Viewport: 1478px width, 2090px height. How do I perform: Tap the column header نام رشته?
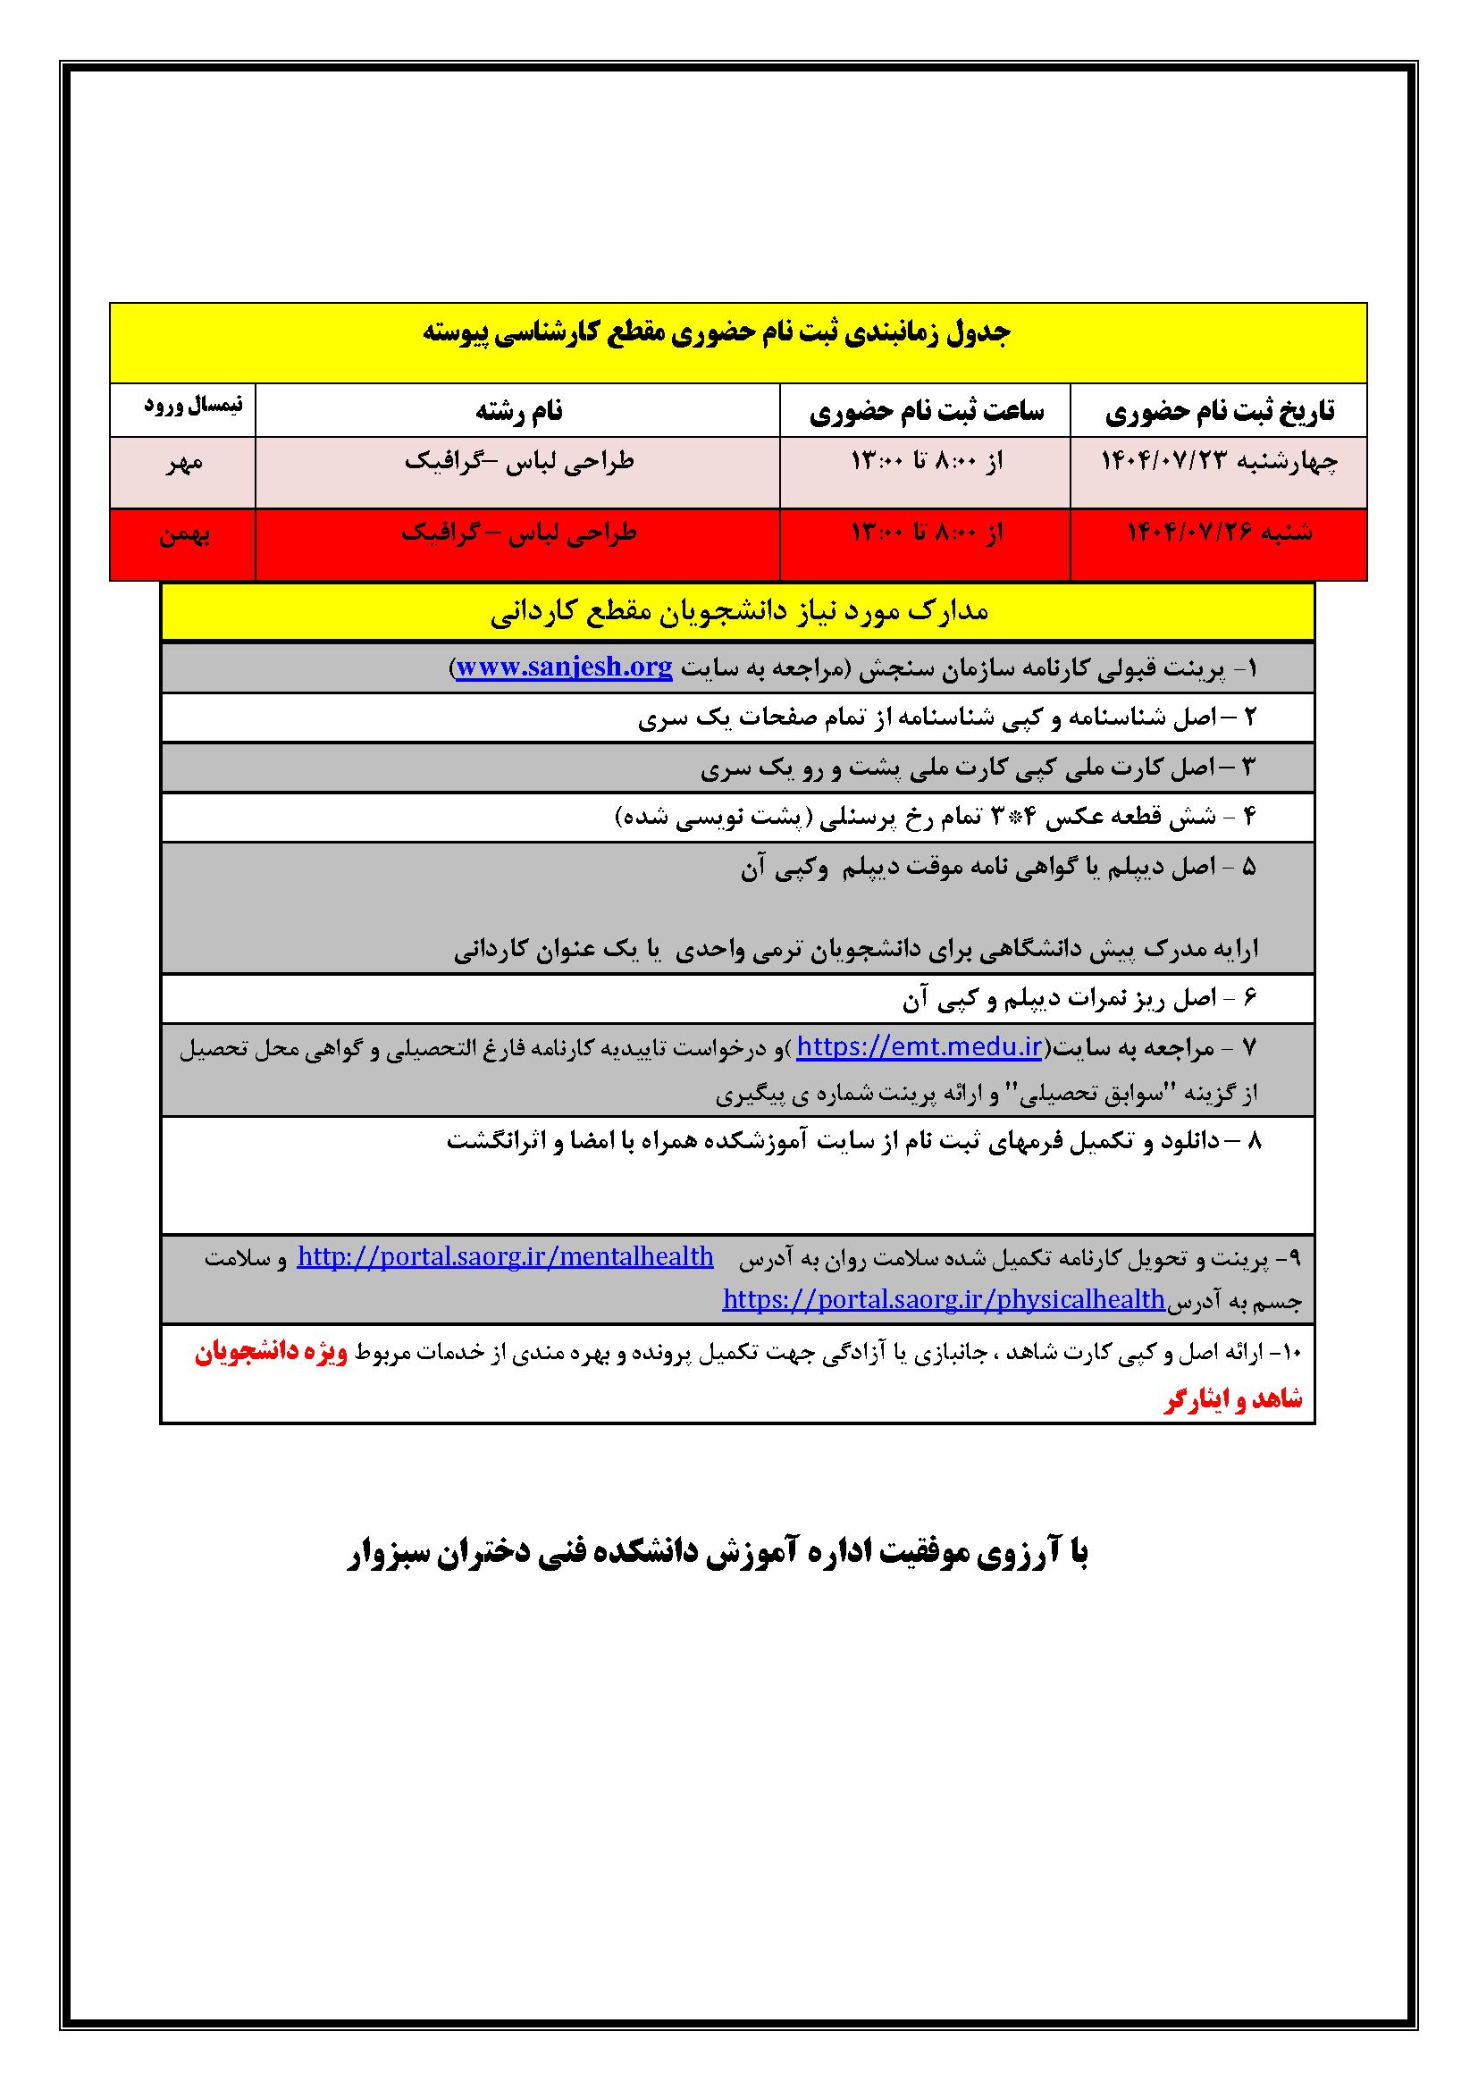coord(519,412)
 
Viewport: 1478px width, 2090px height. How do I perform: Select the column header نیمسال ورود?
coord(193,406)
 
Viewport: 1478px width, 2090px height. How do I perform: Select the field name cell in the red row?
coord(519,533)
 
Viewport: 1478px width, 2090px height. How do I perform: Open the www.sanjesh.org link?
coord(564,667)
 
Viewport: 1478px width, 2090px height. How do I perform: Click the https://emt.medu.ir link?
coord(920,1048)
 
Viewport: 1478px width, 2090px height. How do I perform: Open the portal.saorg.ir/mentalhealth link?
coord(505,1257)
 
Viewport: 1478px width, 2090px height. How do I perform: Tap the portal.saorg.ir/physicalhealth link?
coord(944,1299)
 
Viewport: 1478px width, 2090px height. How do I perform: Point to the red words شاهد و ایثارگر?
coord(1232,1400)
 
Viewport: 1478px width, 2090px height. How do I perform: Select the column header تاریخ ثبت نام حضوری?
coord(1220,412)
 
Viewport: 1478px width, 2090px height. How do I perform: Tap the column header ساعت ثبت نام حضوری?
coord(927,412)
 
